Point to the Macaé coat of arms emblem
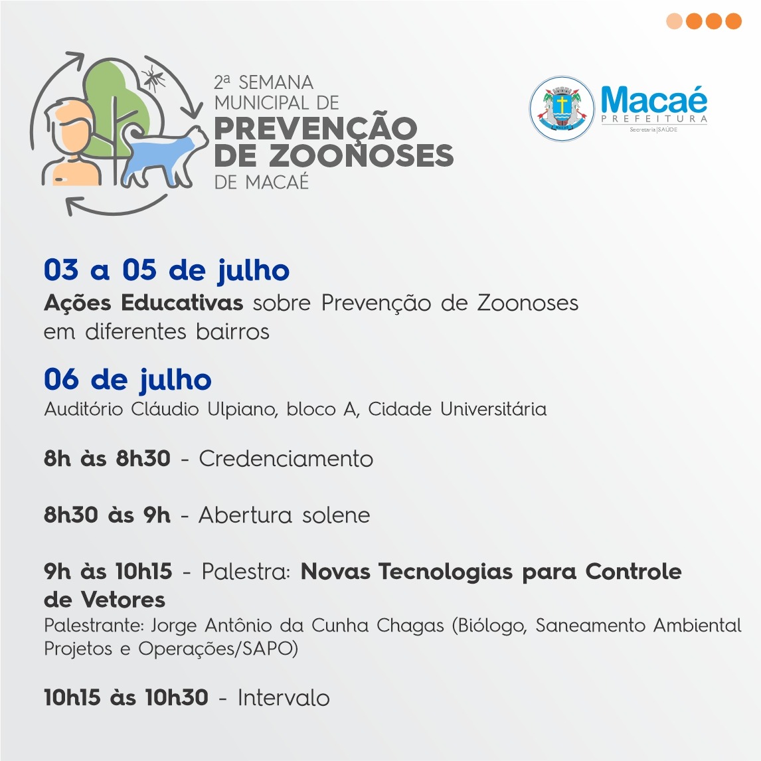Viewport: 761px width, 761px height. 562,109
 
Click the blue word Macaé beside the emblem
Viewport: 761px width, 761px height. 653,100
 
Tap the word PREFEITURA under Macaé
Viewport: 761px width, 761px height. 653,119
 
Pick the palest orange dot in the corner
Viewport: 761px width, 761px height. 674,21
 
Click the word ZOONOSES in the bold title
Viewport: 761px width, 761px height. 361,156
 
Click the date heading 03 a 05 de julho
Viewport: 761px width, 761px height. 167,270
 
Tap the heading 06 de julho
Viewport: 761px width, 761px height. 127,380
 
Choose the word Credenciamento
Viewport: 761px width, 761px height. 286,459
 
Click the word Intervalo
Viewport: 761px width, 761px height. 284,698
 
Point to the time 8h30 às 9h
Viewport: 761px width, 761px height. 108,515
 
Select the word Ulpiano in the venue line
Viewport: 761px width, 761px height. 242,410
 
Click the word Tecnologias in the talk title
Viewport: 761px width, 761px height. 446,572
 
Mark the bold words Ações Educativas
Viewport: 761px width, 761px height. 143,303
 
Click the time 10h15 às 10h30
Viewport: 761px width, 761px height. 126,698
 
